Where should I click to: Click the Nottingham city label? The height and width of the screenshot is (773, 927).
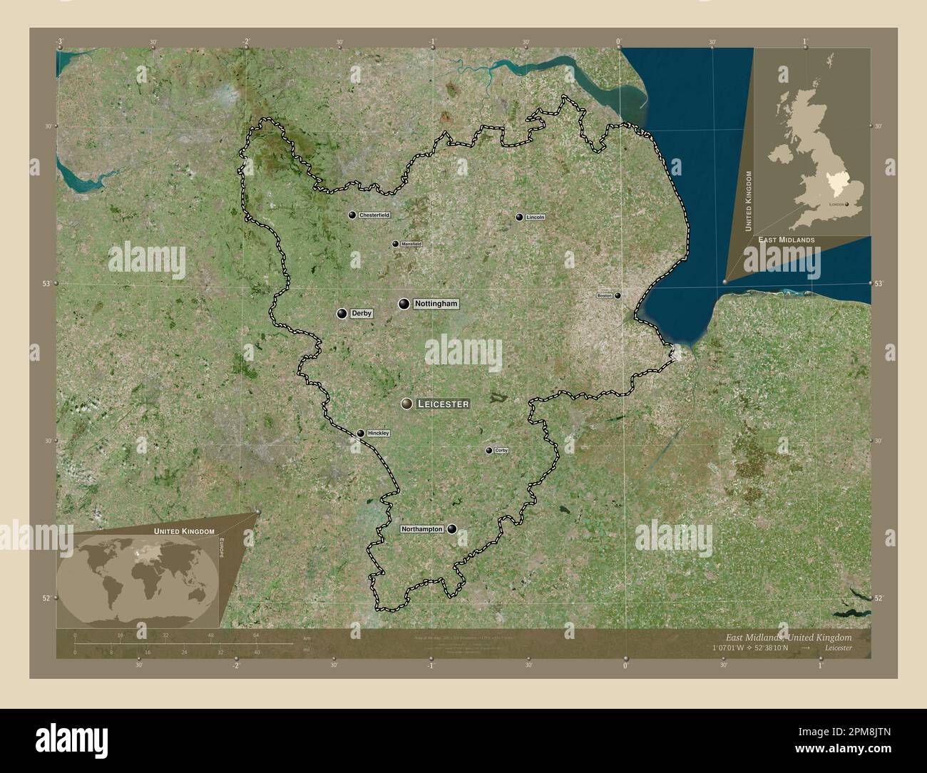coord(435,304)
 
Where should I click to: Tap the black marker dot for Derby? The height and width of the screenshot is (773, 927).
coord(343,314)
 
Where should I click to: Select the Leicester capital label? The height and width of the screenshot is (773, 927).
coord(442,404)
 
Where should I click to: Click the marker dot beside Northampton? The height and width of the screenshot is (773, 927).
coord(452,529)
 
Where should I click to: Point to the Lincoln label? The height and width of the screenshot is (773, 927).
coord(535,217)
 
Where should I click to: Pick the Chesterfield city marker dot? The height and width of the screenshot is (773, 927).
coord(352,215)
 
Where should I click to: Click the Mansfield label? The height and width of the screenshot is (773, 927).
coord(411,244)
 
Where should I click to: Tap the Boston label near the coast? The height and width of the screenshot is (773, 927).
coord(605,295)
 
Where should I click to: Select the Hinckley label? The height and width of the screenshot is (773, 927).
coord(378,433)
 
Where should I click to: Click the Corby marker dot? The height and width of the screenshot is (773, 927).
coord(489,451)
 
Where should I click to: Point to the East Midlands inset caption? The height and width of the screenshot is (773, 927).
coord(786,240)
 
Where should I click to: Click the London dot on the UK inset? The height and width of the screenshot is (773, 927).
coord(847,204)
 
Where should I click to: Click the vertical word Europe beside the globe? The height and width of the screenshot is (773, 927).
coord(221,550)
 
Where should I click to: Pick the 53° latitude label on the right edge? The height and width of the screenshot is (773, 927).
coord(879,284)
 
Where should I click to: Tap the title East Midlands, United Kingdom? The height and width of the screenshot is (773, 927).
coord(787,636)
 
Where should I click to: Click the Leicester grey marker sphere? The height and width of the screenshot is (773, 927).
coord(407,404)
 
